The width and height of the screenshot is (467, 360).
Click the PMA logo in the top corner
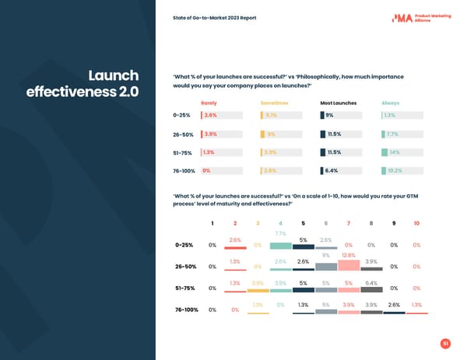coord(403,19)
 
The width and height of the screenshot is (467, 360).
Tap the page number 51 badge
coord(444,343)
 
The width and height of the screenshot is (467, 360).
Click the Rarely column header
coord(209,103)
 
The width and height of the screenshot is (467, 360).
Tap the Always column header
coord(390,103)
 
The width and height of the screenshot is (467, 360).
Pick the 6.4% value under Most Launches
coord(332,171)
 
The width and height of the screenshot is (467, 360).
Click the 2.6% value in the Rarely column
coord(210,115)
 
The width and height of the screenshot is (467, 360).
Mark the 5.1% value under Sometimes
coord(272,115)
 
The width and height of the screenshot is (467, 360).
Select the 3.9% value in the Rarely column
coord(210,134)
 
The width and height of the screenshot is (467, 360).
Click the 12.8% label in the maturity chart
coord(348,255)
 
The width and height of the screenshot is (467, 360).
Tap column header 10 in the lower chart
coord(416,224)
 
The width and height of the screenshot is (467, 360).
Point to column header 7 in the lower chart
coord(349,224)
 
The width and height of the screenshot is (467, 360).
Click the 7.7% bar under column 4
coord(280,244)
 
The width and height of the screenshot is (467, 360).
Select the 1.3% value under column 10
coord(416,305)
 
